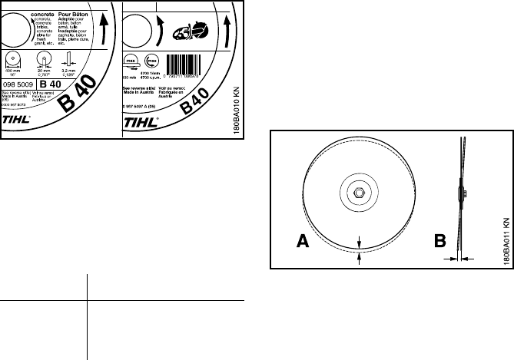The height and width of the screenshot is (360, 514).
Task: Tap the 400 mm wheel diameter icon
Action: (15, 59)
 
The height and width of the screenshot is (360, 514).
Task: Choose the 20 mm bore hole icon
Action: (45, 59)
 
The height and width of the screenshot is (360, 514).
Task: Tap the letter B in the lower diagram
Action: (439, 242)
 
